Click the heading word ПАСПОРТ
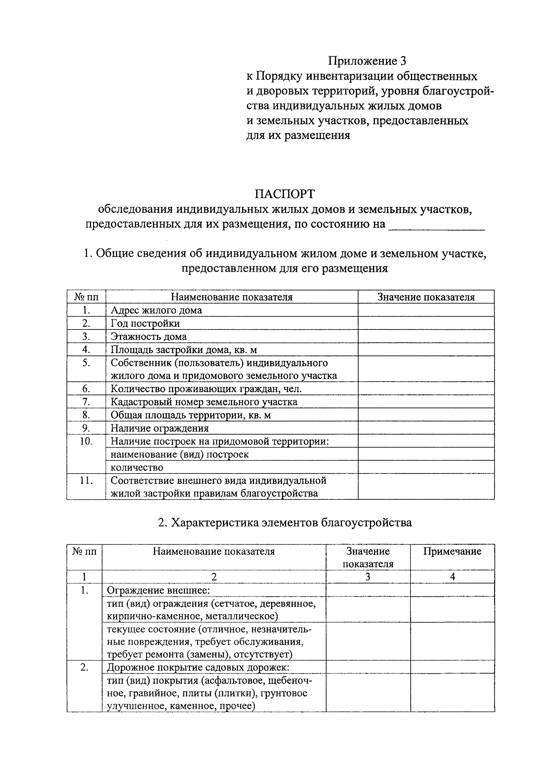click(x=284, y=194)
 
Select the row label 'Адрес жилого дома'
click(x=156, y=310)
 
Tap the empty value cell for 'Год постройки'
click(x=426, y=323)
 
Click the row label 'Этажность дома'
click(x=149, y=337)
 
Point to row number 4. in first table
click(x=86, y=350)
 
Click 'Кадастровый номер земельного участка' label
click(x=204, y=402)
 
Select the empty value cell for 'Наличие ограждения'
click(x=426, y=428)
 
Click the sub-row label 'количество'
click(x=137, y=468)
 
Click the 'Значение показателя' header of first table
click(x=426, y=297)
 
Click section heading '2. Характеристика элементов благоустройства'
click(x=285, y=522)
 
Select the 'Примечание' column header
click(x=452, y=552)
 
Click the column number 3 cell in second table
click(x=368, y=577)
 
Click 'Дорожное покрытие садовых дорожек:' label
click(x=198, y=667)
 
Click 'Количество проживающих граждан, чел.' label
click(x=206, y=389)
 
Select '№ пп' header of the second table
click(x=84, y=552)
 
